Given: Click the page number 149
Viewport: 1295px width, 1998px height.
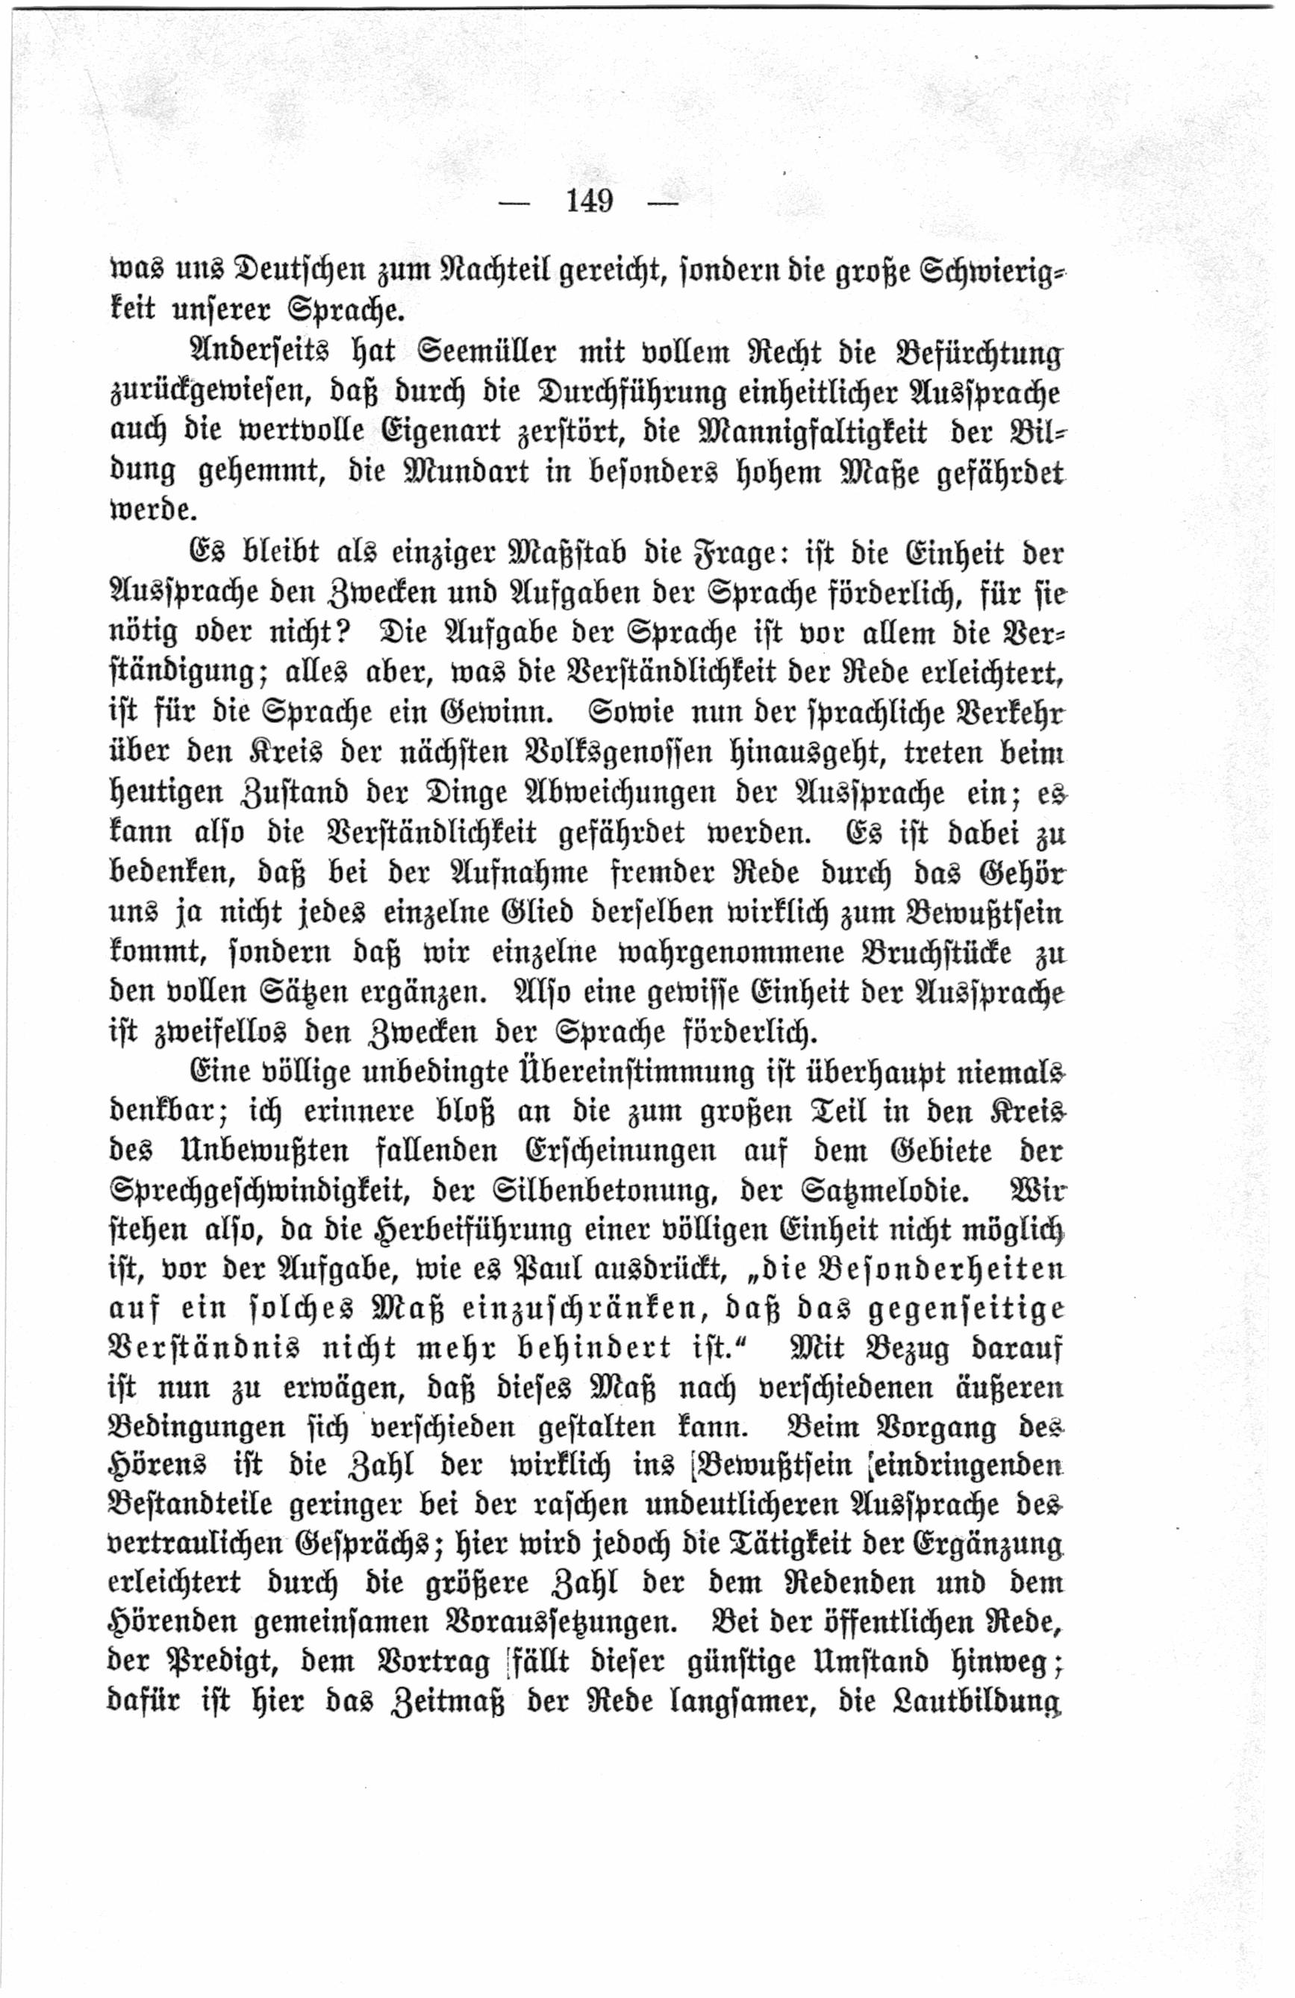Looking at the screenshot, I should [590, 201].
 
